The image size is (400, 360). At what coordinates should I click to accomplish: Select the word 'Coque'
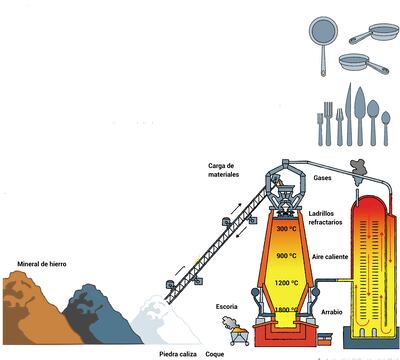coord(215,353)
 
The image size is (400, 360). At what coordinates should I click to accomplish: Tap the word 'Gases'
coord(322,177)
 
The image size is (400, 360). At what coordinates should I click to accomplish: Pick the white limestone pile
coord(165,320)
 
